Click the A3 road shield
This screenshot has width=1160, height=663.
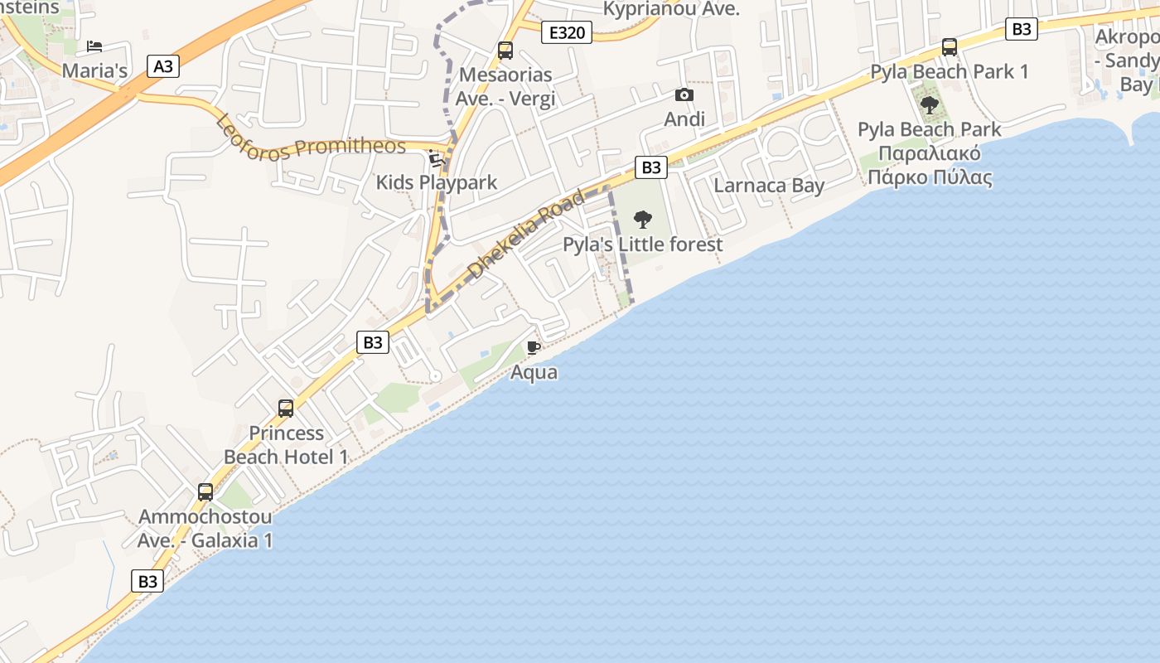click(x=163, y=66)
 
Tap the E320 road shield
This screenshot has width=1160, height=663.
click(x=567, y=33)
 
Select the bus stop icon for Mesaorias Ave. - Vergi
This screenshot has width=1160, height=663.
click(x=505, y=51)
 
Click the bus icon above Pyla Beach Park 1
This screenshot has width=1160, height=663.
click(x=950, y=47)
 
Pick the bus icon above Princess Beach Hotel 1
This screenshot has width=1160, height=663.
click(x=286, y=408)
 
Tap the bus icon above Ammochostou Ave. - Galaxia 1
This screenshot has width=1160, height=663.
click(x=205, y=492)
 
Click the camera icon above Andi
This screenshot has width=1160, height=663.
click(x=684, y=95)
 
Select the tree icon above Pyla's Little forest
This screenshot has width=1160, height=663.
click(x=642, y=220)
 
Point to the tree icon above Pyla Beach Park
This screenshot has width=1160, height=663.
click(x=930, y=105)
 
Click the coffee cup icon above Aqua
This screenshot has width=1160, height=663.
click(x=534, y=347)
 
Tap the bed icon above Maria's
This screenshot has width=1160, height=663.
click(x=94, y=46)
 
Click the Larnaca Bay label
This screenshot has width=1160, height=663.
click(x=769, y=185)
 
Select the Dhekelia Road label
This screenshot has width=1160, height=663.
click(x=526, y=235)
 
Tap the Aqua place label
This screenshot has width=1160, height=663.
click(x=534, y=372)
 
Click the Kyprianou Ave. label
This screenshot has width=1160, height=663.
click(x=671, y=9)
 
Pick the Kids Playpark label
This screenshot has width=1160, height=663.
click(x=437, y=182)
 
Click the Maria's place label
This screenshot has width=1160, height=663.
click(x=95, y=70)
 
